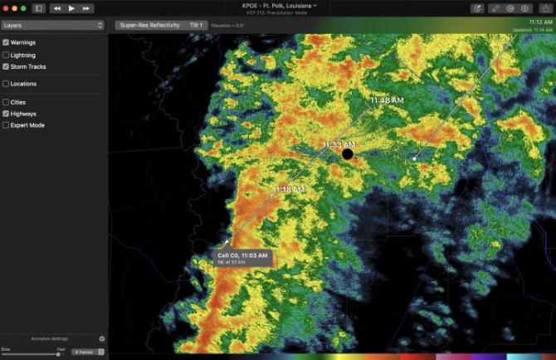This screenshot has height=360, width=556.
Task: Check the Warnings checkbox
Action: (x=7, y=42)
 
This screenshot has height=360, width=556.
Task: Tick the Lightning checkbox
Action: (x=7, y=55)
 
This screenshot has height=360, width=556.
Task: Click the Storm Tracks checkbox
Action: (x=7, y=66)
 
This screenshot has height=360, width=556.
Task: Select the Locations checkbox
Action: (x=7, y=84)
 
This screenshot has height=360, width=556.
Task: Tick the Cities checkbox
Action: (x=7, y=102)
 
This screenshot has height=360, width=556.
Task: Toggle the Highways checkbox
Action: (x=7, y=114)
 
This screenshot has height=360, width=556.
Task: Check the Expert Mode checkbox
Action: (x=7, y=125)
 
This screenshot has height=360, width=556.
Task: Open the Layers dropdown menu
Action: (x=53, y=26)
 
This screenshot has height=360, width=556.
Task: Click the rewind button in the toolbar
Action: (x=56, y=8)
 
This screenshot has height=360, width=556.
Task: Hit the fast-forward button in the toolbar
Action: (x=86, y=8)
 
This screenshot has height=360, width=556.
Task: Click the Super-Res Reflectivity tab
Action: (x=149, y=26)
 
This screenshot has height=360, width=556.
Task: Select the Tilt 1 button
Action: (x=196, y=26)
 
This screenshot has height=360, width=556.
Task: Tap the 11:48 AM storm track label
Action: (x=387, y=100)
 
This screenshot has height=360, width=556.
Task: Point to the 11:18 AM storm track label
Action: (x=290, y=190)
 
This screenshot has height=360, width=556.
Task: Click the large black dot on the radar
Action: (x=348, y=153)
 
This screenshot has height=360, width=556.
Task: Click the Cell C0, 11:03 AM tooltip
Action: (x=242, y=257)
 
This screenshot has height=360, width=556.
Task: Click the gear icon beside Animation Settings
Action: (x=102, y=338)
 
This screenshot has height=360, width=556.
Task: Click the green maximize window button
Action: (x=24, y=8)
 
